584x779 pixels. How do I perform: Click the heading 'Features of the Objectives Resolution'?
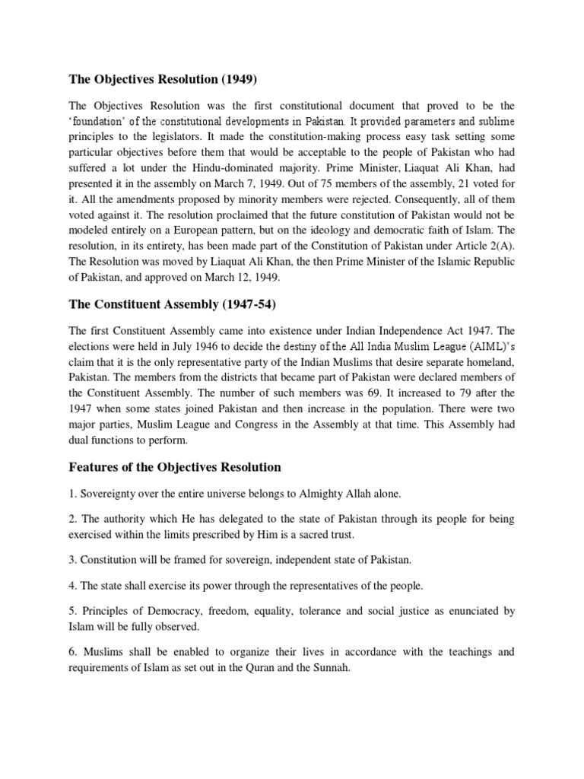coord(175,466)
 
